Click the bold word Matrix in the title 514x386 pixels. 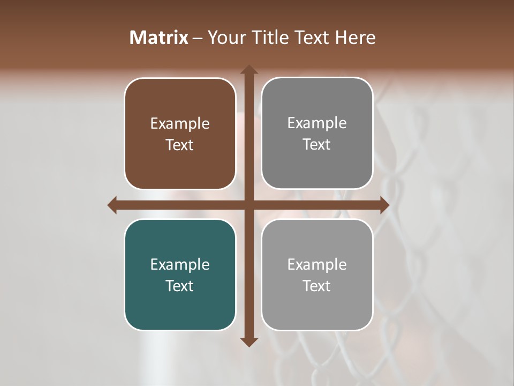(158, 38)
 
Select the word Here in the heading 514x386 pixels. (355, 38)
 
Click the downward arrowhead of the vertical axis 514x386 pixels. (248, 342)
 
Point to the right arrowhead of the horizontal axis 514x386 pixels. (384, 205)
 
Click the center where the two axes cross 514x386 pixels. (248, 205)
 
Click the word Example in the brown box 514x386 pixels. (180, 124)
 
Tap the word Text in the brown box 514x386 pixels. (180, 145)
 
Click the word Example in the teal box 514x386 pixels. (180, 264)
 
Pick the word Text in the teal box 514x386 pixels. (180, 286)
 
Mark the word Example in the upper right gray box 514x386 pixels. (317, 123)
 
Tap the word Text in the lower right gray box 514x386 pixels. (317, 286)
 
